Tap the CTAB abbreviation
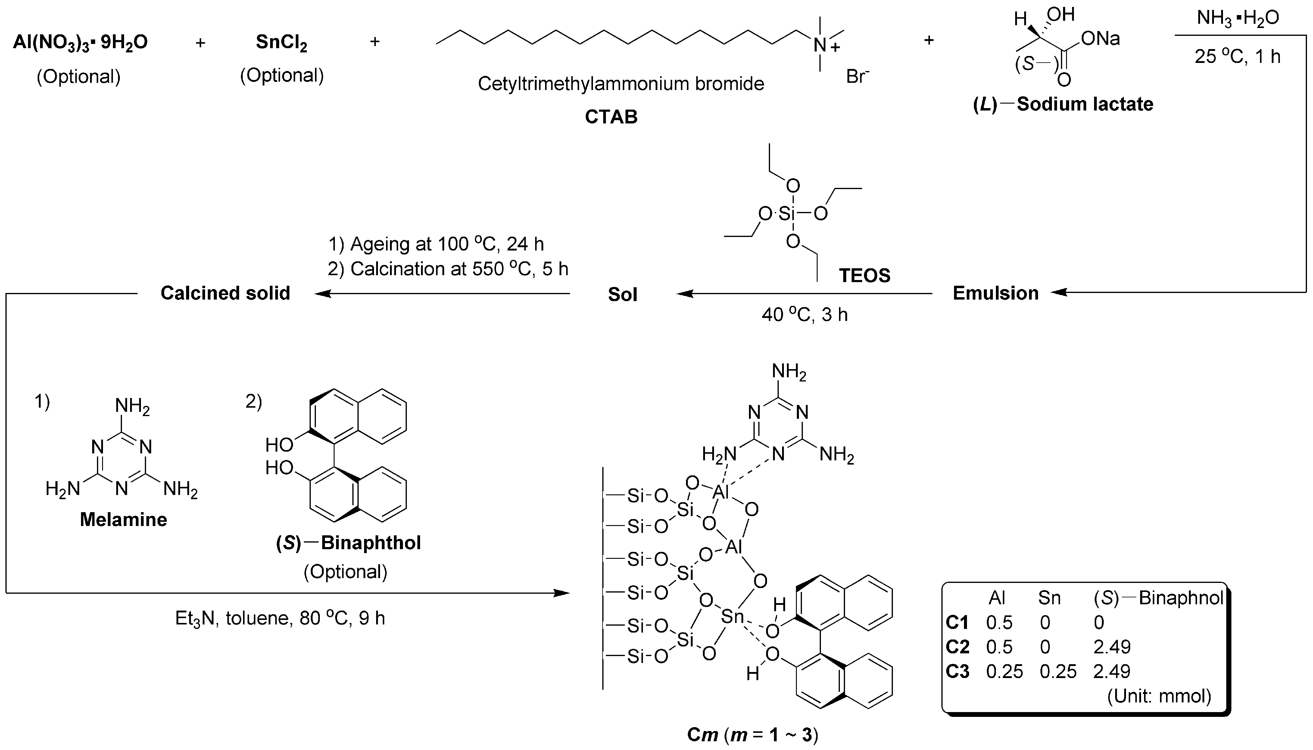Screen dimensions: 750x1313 [x=611, y=117]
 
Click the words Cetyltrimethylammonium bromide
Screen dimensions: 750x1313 [x=621, y=83]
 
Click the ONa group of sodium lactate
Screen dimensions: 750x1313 [x=1100, y=39]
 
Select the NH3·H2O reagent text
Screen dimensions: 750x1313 [x=1237, y=18]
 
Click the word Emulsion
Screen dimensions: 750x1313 [x=995, y=293]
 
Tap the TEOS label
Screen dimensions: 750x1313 [x=864, y=275]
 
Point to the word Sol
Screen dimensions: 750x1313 [x=622, y=294]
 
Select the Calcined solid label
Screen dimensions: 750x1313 [x=225, y=293]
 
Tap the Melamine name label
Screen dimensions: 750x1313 [x=124, y=520]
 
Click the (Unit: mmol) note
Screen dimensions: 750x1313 [x=1159, y=696]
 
